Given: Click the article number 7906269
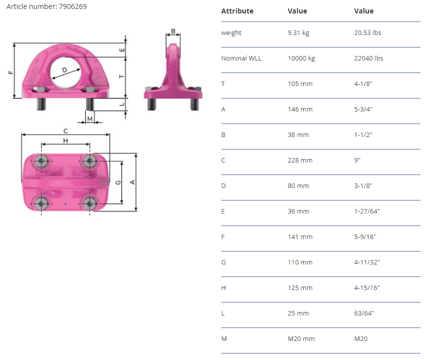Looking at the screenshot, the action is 73,6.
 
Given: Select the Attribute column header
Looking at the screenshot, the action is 237,11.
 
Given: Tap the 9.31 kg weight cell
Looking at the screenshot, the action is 298,33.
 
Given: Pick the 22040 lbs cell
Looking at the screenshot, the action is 368,58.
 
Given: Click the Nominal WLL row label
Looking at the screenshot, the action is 241,58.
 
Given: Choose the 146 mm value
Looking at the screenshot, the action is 300,109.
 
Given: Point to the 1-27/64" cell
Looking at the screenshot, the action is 367,211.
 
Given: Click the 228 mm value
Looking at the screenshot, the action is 300,160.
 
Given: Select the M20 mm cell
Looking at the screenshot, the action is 301,339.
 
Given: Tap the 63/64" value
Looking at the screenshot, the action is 364,313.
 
